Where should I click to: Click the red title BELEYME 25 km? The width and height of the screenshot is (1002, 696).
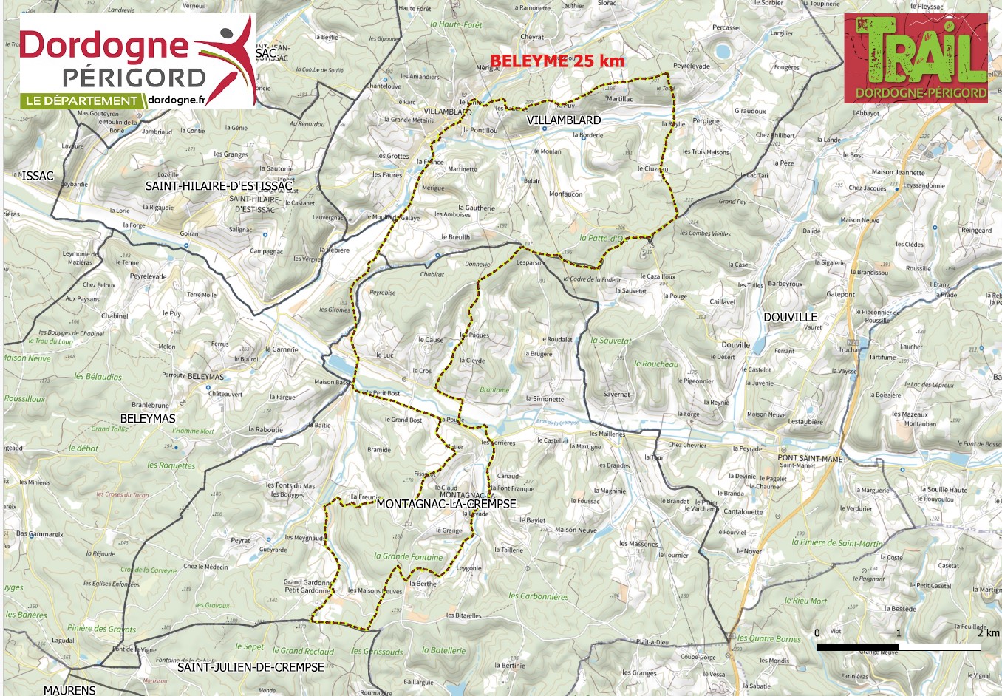pyautogui.click(x=557, y=61)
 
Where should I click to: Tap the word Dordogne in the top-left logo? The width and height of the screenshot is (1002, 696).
pyautogui.click(x=104, y=46)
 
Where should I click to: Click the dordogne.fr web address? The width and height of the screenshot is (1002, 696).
pyautogui.click(x=177, y=100)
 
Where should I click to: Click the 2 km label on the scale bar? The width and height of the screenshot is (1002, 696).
pyautogui.click(x=987, y=632)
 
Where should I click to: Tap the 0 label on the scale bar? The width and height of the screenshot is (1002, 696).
pyautogui.click(x=817, y=632)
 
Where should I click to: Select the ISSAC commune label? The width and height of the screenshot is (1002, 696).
pyautogui.click(x=38, y=176)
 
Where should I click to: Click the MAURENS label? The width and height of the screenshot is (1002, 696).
pyautogui.click(x=69, y=690)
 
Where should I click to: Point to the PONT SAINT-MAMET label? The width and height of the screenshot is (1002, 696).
pyautogui.click(x=811, y=458)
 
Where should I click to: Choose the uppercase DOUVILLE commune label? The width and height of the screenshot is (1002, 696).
pyautogui.click(x=790, y=317)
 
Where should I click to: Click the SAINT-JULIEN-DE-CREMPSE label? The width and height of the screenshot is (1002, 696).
pyautogui.click(x=250, y=666)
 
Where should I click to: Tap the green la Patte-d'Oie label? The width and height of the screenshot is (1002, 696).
pyautogui.click(x=602, y=238)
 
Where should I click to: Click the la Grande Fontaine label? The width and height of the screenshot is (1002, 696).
pyautogui.click(x=408, y=556)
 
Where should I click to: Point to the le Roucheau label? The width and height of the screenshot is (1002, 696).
pyautogui.click(x=655, y=364)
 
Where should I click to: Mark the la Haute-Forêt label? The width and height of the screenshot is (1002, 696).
pyautogui.click(x=456, y=24)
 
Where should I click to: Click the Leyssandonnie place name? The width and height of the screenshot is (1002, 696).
pyautogui.click(x=924, y=185)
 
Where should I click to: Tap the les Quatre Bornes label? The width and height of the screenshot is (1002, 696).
pyautogui.click(x=768, y=638)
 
